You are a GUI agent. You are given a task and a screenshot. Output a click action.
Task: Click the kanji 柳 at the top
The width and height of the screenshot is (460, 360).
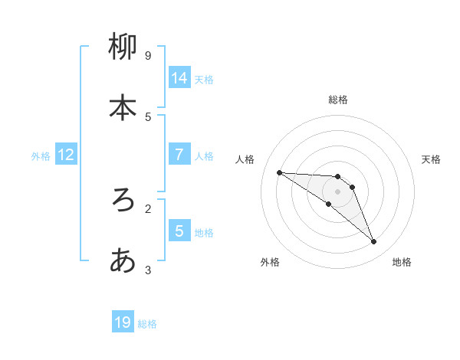123,48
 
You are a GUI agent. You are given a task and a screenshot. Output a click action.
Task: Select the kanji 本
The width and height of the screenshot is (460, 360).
123,108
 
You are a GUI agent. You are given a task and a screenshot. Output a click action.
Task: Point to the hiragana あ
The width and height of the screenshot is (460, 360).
123,261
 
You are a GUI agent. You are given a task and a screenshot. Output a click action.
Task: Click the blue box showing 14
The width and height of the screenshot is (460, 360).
179,77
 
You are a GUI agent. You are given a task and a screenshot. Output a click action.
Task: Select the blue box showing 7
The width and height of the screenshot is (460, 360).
179,155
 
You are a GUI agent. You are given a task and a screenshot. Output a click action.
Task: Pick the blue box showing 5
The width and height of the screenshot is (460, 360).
179,231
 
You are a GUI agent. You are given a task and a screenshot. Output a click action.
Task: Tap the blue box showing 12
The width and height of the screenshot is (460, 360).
66,155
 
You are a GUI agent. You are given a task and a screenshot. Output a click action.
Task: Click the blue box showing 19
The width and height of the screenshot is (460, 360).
123,322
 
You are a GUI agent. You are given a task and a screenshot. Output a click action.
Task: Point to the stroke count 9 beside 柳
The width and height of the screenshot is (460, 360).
148,56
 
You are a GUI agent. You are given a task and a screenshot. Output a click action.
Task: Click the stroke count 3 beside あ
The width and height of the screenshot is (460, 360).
148,270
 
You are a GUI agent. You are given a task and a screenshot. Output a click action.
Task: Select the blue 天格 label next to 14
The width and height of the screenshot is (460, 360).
204,79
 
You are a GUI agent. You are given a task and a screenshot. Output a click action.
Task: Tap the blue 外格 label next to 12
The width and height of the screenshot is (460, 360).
41,156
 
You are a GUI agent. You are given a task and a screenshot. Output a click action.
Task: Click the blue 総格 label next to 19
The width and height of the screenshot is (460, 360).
147,324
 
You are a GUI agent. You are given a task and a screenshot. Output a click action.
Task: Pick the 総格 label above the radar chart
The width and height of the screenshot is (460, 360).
337,100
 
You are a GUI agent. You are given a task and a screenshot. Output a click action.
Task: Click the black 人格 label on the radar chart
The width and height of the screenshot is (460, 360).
245,159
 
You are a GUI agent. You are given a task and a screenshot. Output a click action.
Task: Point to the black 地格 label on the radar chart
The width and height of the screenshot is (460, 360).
402,262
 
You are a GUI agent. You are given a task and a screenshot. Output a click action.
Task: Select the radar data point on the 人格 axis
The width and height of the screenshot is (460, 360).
280,172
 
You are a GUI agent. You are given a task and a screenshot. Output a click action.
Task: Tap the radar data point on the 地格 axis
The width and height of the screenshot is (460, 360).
374,242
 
